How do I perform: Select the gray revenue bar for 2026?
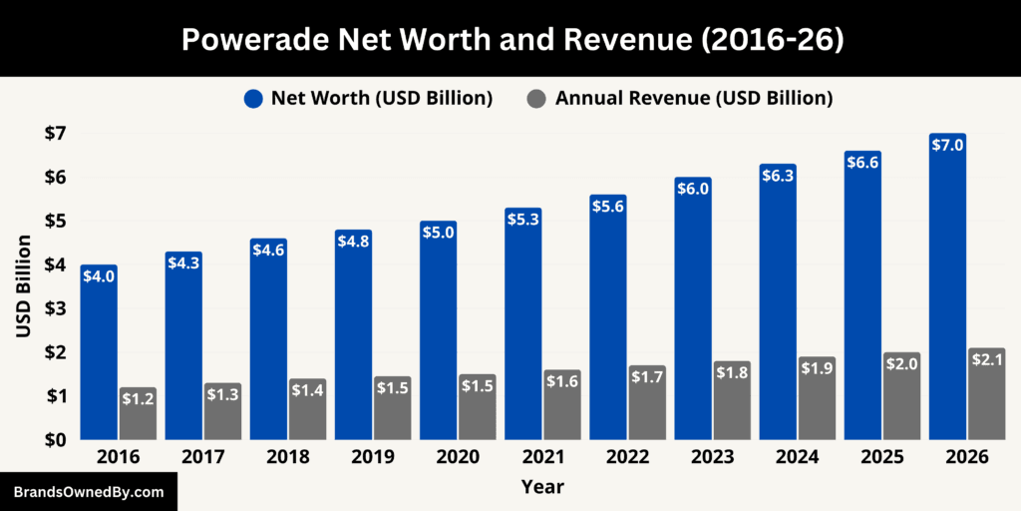(986, 399)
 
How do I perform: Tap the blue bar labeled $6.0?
(692, 319)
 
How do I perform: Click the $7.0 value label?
(947, 145)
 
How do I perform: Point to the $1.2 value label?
(138, 399)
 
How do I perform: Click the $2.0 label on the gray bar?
(901, 363)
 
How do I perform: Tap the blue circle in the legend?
(253, 98)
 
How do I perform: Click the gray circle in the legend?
(537, 98)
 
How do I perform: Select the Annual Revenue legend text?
(693, 98)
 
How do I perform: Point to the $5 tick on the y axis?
(54, 221)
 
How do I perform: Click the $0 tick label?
(54, 440)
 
